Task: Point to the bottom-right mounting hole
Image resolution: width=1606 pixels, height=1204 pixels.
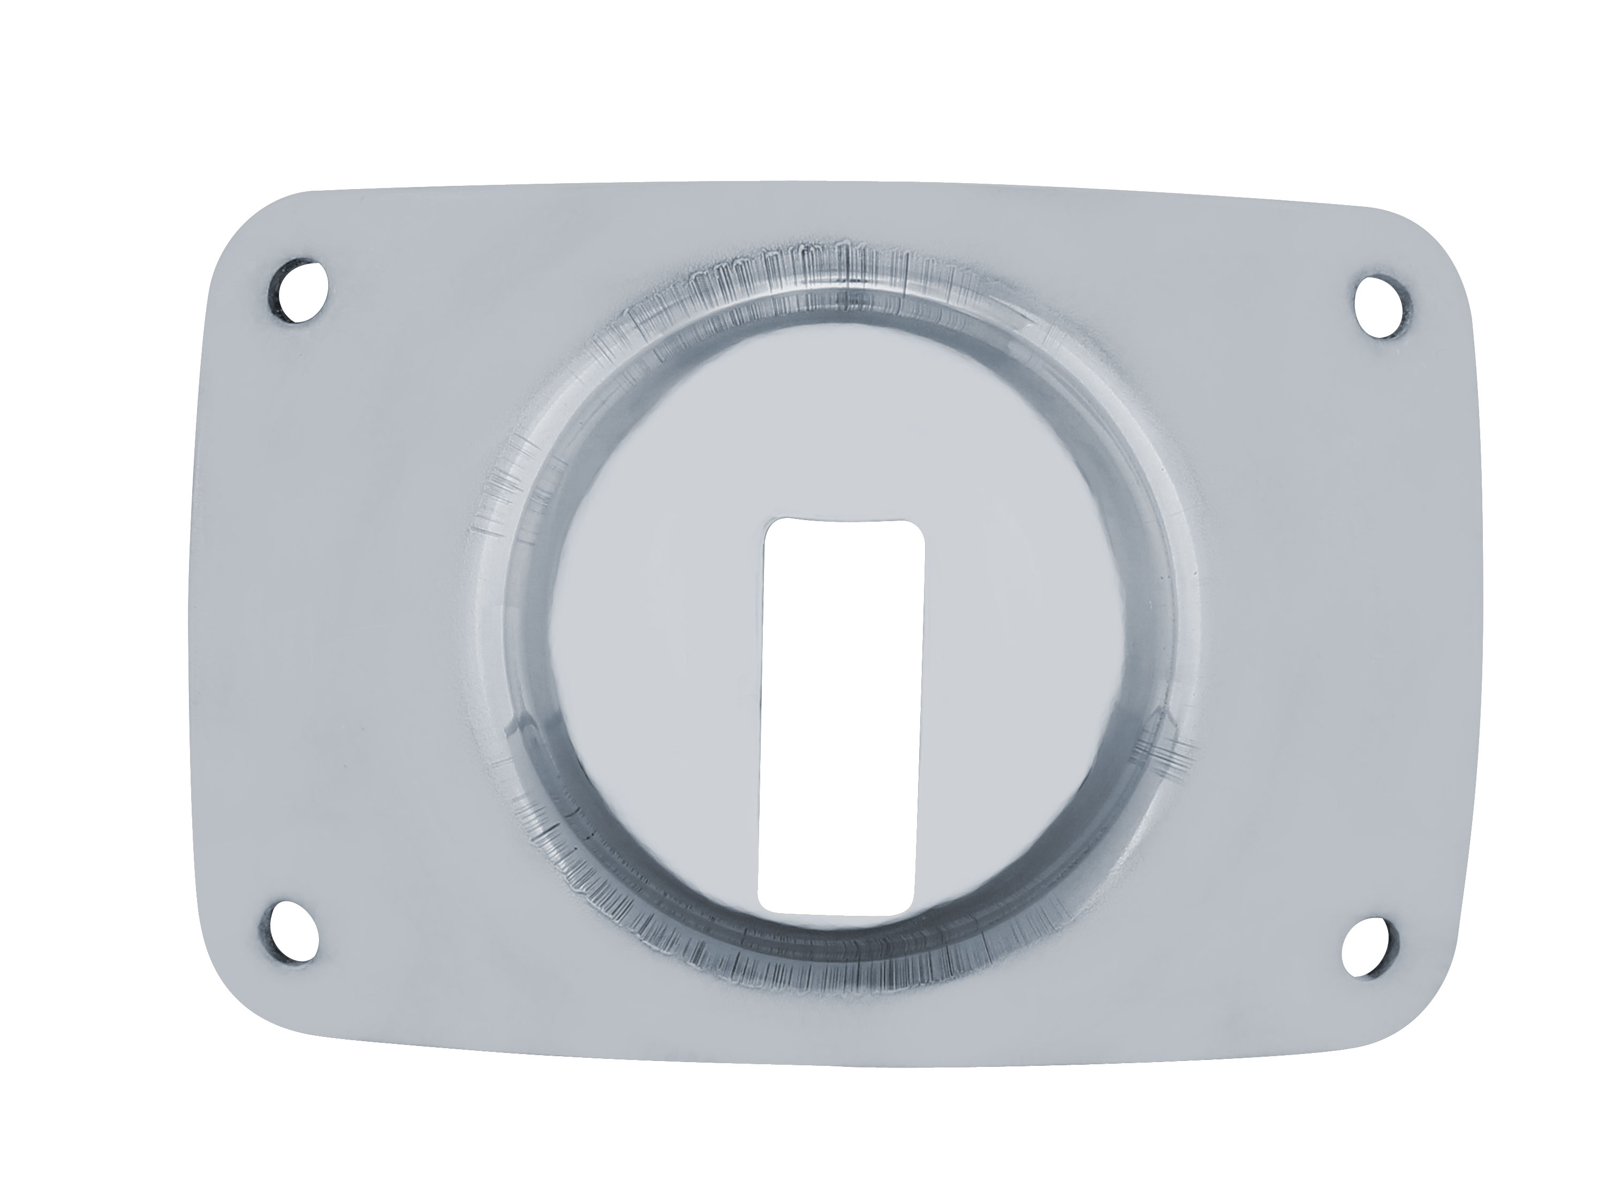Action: (1368, 947)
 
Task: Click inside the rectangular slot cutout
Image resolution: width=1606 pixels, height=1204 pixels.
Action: (841, 716)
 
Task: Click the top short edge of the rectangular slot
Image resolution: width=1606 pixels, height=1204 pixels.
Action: (846, 520)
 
